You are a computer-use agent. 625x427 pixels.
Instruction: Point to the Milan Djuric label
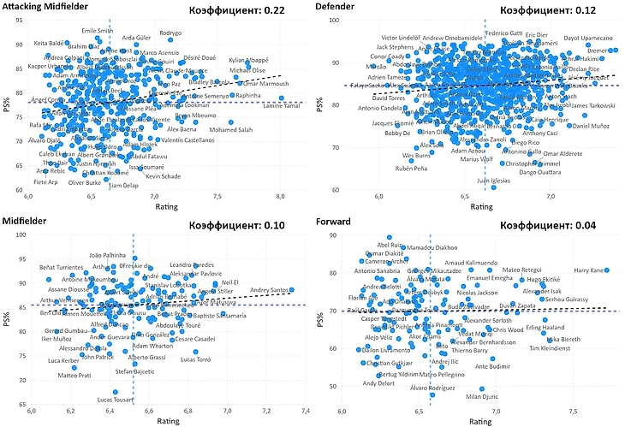point(482,396)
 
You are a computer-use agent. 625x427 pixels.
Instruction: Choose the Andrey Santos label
point(270,291)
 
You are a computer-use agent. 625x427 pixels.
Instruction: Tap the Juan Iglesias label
point(494,181)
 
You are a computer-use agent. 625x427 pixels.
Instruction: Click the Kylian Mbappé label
point(248,61)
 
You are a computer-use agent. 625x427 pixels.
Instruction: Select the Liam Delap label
point(124,185)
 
